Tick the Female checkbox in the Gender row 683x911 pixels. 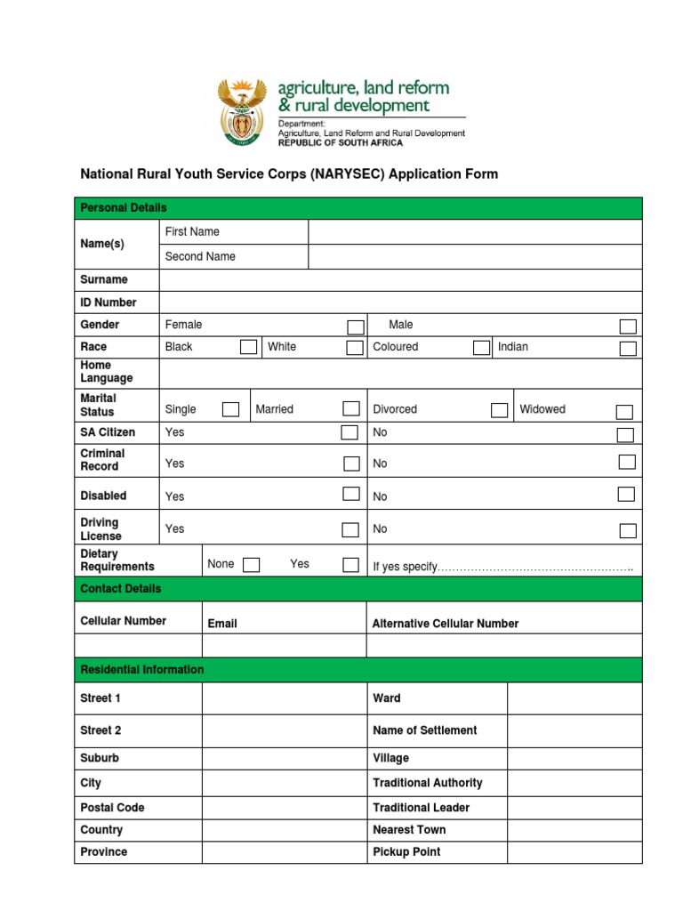[355, 327]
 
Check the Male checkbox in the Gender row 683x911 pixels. [628, 327]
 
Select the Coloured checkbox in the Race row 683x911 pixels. [481, 348]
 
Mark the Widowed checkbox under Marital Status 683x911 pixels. [624, 411]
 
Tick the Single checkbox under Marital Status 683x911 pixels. [230, 409]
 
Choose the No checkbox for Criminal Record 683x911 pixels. [627, 462]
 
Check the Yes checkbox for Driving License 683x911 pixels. [352, 530]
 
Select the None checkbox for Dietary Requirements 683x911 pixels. [251, 565]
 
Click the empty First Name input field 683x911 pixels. [474, 232]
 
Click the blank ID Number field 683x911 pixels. [400, 302]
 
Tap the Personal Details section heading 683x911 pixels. [124, 208]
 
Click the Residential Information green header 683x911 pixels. [142, 670]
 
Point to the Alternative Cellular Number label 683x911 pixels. [445, 624]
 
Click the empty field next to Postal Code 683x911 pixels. [284, 808]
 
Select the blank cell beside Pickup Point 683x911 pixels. [574, 852]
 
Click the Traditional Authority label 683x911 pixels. [428, 783]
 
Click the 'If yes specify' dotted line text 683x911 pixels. [502, 568]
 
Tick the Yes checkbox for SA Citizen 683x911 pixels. [350, 432]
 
